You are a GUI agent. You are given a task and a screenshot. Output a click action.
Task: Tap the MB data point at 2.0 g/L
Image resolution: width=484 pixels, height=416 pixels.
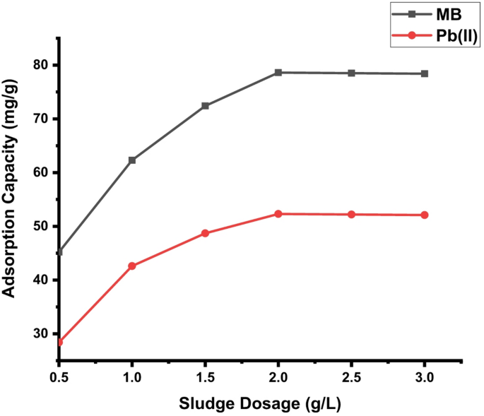[278, 72]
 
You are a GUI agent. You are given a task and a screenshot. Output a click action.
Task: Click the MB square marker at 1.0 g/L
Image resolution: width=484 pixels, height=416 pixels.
[132, 160]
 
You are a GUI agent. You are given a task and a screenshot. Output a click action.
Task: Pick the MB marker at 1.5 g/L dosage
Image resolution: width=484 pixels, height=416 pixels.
[205, 106]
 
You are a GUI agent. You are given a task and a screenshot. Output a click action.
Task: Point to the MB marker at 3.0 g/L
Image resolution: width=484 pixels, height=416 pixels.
[425, 73]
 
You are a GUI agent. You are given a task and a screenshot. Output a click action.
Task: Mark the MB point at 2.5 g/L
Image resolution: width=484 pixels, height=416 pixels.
[352, 73]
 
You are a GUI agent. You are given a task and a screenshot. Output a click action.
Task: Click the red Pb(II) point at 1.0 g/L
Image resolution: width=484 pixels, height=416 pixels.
[132, 266]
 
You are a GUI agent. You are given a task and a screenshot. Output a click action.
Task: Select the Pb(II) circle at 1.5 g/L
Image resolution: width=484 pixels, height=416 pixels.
[205, 233]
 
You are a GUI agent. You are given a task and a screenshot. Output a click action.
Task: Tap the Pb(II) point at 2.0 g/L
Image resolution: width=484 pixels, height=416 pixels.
[278, 213]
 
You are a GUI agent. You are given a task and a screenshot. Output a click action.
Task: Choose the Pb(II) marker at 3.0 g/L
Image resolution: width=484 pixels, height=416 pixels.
[425, 215]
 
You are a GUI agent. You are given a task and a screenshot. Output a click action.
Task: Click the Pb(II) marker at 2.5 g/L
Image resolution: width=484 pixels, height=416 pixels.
[352, 214]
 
